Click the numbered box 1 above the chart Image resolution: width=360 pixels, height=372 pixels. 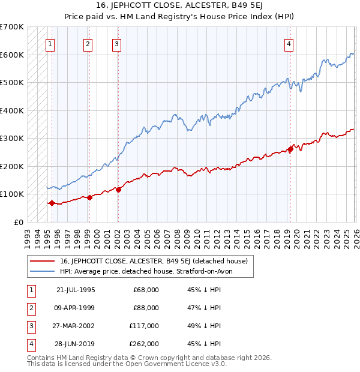[x=50, y=43]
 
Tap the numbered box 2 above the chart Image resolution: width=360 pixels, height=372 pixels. [x=88, y=43]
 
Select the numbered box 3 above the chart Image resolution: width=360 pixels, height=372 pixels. [x=116, y=43]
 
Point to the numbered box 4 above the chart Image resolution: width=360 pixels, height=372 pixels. [x=289, y=43]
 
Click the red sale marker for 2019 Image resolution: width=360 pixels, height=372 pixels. [x=290, y=149]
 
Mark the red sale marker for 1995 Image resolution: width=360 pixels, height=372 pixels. [x=52, y=203]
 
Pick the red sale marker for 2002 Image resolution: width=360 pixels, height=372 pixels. [x=118, y=190]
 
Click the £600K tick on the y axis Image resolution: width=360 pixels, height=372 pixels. [x=12, y=55]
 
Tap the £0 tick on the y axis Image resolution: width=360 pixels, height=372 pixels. [x=18, y=222]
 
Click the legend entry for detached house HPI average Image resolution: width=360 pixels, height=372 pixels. [x=150, y=271]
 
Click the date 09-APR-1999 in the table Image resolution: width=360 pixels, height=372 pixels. [x=76, y=308]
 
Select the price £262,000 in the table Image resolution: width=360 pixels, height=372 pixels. [x=146, y=344]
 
